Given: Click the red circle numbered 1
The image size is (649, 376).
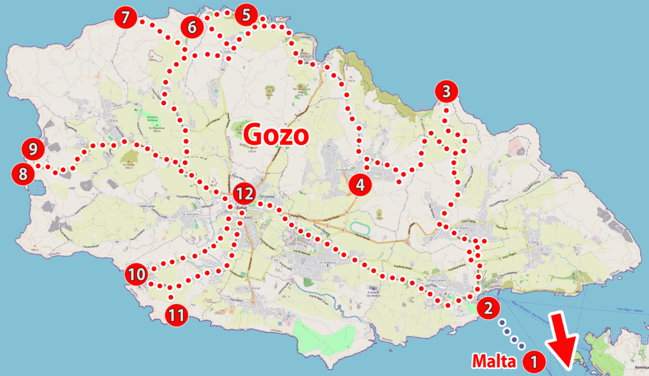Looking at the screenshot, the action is [x=534, y=360].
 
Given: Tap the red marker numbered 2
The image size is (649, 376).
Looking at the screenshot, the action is [x=488, y=308].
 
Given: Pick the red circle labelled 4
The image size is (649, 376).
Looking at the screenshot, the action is [x=360, y=184].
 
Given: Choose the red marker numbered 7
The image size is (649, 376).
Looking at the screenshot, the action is [x=125, y=17].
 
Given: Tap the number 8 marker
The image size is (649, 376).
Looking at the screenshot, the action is [x=22, y=174].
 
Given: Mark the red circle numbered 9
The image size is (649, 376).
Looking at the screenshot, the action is [x=32, y=148].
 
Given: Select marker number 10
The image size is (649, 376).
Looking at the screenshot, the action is [x=137, y=274].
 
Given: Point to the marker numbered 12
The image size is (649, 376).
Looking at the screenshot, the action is [x=244, y=192].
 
